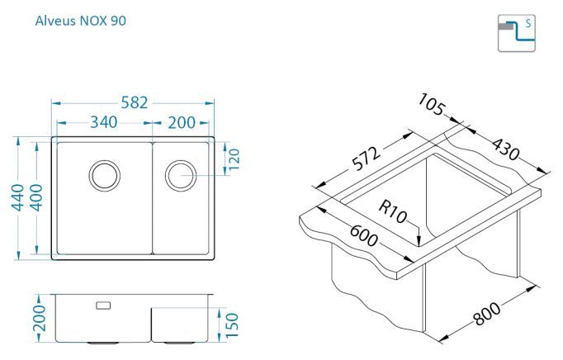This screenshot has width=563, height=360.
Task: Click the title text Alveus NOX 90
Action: [80, 21]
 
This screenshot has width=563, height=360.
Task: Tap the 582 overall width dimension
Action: [135, 102]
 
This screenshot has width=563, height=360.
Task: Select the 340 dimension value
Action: [103, 122]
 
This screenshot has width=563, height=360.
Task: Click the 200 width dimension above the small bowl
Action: [182, 123]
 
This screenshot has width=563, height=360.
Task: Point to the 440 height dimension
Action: [18, 197]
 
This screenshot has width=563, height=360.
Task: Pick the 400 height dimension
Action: [36, 197]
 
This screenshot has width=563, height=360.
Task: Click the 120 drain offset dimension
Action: [234, 159]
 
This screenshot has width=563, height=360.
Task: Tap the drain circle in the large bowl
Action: [105, 176]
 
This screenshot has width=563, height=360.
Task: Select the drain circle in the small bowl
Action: [181, 176]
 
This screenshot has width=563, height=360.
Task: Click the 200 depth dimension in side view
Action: [40, 319]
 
